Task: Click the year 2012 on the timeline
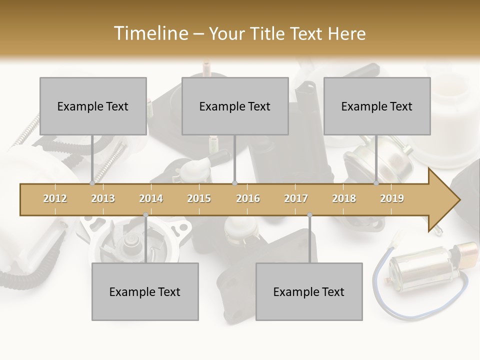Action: (55, 198)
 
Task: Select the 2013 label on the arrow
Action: (103, 198)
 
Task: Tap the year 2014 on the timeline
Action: (151, 198)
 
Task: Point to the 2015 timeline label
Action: (199, 198)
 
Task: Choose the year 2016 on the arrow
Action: (248, 198)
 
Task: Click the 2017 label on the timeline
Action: (296, 198)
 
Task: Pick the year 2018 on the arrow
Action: (344, 198)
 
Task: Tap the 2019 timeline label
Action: (392, 198)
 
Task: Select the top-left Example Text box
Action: (93, 106)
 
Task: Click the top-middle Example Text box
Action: (235, 106)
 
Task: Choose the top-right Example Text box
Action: (377, 106)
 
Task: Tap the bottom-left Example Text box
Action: (145, 291)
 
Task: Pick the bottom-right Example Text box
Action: (309, 291)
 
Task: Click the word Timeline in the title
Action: (150, 33)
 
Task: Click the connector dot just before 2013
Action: (92, 183)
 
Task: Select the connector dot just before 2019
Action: (376, 183)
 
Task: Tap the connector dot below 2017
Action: (309, 215)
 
